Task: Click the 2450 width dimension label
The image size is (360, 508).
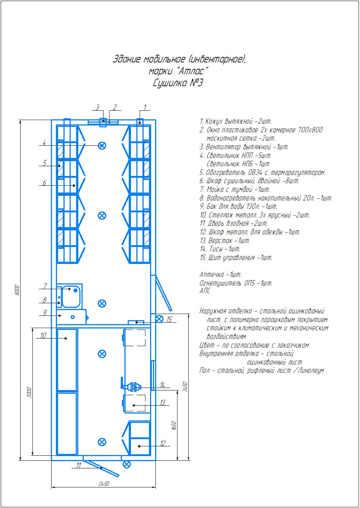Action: [x=104, y=484]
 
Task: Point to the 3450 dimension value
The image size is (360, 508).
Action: [x=185, y=386]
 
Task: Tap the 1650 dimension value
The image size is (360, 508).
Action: [x=174, y=425]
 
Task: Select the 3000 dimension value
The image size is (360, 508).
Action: [x=29, y=393]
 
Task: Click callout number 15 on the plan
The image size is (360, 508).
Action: [x=169, y=319]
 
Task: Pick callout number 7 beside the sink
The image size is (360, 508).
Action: [x=45, y=286]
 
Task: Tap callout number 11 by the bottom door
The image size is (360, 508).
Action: [x=79, y=465]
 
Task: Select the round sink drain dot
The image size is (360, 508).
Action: [x=75, y=290]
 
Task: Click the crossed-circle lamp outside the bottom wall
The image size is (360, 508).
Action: [x=127, y=464]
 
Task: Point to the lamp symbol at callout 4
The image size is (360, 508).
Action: [x=102, y=145]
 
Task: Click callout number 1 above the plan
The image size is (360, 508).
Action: [x=145, y=107]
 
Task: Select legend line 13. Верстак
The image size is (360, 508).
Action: [x=225, y=240]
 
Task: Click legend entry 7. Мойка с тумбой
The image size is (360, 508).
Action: [x=234, y=189]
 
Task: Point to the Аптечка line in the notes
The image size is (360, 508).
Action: [x=220, y=275]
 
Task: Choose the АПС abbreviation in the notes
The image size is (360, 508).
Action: [x=205, y=291]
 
